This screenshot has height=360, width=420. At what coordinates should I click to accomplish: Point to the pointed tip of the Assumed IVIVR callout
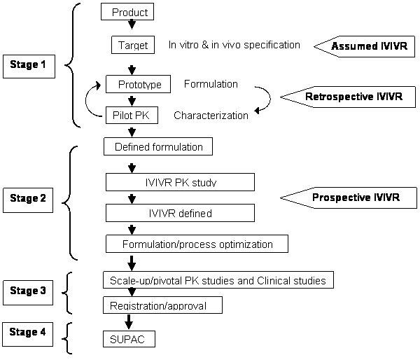(316, 47)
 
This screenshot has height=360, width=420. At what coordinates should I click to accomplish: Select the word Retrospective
(339, 97)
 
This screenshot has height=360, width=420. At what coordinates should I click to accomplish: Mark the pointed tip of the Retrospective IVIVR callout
(283, 97)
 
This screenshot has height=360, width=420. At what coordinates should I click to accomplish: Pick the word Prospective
(341, 198)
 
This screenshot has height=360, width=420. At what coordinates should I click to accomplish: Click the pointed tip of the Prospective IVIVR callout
(283, 198)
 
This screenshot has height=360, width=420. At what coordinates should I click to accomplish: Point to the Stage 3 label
(28, 290)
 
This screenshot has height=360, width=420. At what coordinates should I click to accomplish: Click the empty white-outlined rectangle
(209, 115)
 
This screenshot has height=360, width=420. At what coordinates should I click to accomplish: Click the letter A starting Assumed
(335, 47)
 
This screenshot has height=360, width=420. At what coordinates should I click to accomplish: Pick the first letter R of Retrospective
(309, 97)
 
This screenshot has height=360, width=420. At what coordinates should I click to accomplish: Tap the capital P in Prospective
(316, 198)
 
